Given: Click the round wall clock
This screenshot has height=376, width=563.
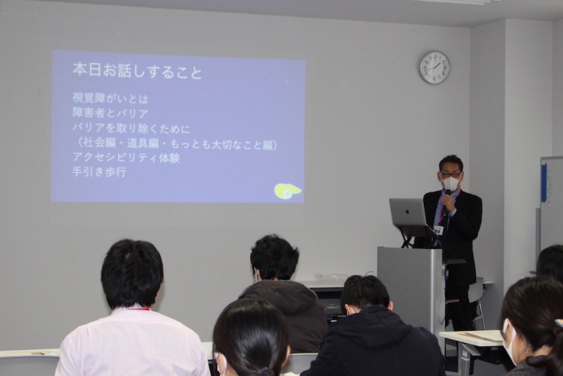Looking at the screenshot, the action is (435, 68).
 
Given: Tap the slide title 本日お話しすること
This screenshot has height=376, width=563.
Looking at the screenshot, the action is (138, 71).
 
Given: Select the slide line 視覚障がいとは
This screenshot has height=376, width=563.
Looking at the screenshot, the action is (110, 97).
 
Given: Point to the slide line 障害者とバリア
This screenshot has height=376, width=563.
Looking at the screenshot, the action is (110, 113).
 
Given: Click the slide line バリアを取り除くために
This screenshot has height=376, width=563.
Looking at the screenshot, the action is (131, 128).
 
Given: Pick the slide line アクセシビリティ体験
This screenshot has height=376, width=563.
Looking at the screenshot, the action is (126, 158).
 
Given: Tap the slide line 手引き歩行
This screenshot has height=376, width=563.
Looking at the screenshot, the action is (99, 171).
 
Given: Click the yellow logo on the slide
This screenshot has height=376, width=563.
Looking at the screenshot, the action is (287, 191).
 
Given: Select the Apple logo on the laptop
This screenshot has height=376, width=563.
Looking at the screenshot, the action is (407, 212).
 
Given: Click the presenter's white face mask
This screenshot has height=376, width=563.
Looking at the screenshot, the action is (450, 183).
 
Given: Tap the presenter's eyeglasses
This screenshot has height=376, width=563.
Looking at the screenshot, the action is (450, 175).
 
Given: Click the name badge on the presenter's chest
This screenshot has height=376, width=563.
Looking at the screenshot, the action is (438, 230).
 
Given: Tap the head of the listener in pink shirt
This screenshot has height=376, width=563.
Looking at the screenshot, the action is (132, 272).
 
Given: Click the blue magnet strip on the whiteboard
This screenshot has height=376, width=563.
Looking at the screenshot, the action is (544, 181).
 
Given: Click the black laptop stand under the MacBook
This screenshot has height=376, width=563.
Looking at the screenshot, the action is (416, 236).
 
